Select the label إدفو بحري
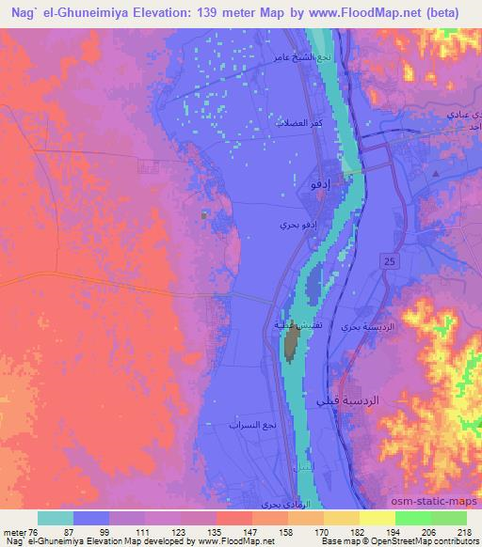click(x=290, y=225)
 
